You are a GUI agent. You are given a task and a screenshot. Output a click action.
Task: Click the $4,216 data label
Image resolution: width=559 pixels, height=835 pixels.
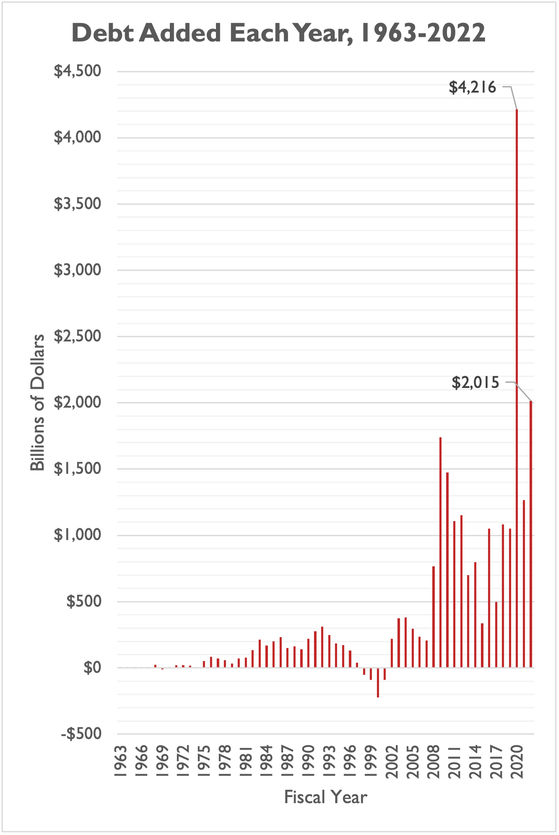[x=472, y=87]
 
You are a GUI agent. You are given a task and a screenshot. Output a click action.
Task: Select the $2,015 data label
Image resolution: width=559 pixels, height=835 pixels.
[x=476, y=383]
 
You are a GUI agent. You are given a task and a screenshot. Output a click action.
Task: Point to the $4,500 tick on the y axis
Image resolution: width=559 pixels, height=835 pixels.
[x=78, y=71]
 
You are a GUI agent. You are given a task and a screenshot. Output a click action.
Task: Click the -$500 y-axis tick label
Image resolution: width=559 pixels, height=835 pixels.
[x=81, y=734]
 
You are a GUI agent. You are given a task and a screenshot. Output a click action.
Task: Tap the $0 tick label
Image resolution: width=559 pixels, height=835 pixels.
[x=92, y=667]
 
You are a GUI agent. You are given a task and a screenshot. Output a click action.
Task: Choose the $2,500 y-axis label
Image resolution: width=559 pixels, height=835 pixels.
[x=78, y=336]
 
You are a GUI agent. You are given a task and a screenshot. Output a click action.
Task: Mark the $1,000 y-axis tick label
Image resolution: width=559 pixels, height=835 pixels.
[x=78, y=535]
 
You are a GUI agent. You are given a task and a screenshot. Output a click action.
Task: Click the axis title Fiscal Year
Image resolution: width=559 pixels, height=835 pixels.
[x=325, y=797]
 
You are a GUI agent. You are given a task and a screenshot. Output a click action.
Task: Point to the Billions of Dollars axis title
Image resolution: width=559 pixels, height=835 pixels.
[x=37, y=403]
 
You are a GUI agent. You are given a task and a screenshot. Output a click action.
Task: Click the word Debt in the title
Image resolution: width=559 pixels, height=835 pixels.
[x=102, y=33]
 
